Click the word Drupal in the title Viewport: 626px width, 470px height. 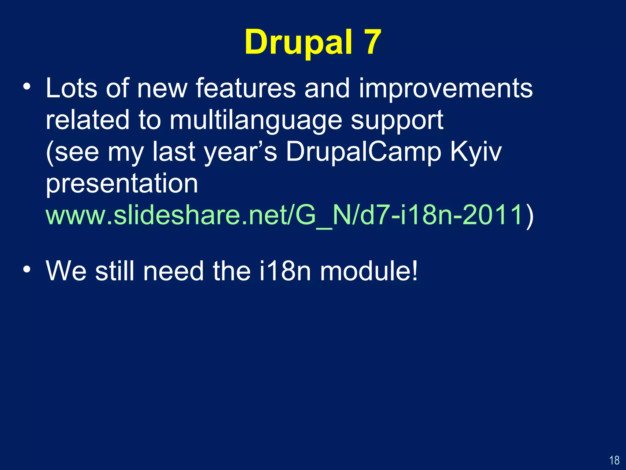(x=298, y=42)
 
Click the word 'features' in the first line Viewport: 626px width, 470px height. (x=245, y=88)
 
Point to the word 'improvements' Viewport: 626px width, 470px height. (x=446, y=88)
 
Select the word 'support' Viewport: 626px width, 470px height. (x=397, y=121)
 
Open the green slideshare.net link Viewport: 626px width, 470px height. (x=284, y=215)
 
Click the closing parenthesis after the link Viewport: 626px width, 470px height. (x=529, y=216)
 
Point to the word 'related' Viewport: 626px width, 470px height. (x=87, y=120)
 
